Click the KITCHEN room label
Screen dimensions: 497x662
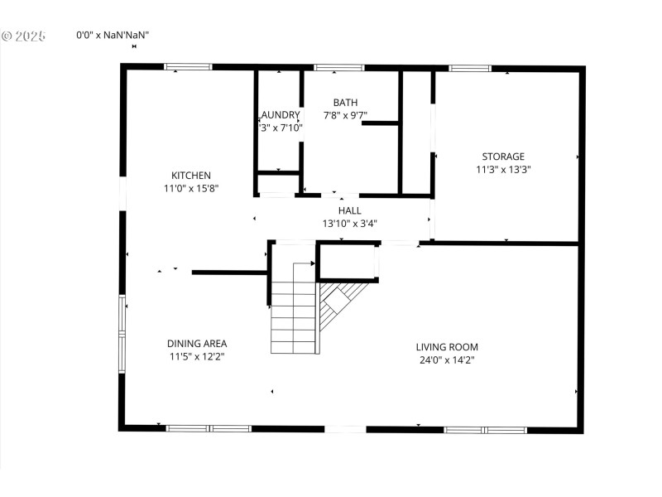click(x=191, y=175)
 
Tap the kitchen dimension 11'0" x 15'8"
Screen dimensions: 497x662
click(x=191, y=188)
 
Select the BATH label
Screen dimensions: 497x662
click(x=345, y=102)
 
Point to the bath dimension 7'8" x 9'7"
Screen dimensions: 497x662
click(x=345, y=115)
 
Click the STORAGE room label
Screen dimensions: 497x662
click(x=503, y=156)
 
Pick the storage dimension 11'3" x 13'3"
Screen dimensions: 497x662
click(x=503, y=169)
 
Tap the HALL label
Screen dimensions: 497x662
click(x=349, y=210)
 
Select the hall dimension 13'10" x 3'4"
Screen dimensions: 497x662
click(x=349, y=224)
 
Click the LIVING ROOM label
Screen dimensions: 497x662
click(x=447, y=346)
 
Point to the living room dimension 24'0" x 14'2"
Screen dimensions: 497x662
click(x=447, y=359)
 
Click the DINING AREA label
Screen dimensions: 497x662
click(x=197, y=343)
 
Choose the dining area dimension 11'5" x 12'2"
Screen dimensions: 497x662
click(x=197, y=356)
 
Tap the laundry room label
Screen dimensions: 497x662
click(x=280, y=115)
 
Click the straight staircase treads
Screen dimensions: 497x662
click(x=294, y=319)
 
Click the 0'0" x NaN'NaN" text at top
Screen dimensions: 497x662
click(x=113, y=35)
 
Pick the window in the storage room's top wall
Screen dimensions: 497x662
click(x=469, y=67)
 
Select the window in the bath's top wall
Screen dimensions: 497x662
click(x=338, y=67)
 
